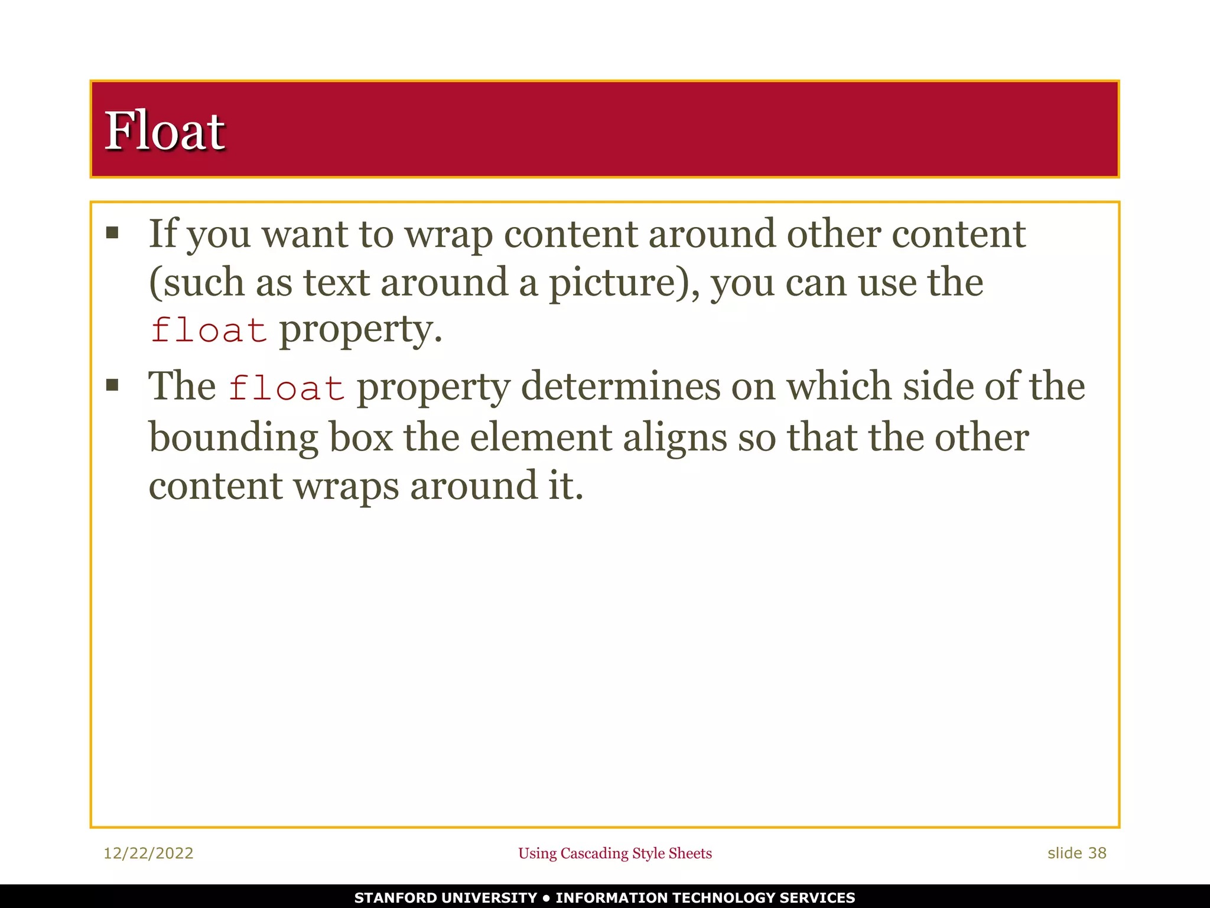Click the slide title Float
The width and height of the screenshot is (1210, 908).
pyautogui.click(x=164, y=131)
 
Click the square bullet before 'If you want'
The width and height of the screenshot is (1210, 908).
pyautogui.click(x=112, y=232)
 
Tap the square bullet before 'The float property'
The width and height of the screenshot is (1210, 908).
pyautogui.click(x=112, y=385)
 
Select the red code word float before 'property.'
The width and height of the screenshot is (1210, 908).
pyautogui.click(x=208, y=329)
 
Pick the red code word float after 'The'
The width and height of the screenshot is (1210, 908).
pyautogui.click(x=287, y=387)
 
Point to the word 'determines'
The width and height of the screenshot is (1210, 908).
pyautogui.click(x=620, y=387)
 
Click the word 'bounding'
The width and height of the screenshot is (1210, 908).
pyautogui.click(x=233, y=438)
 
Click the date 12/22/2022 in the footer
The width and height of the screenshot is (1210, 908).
pyautogui.click(x=148, y=853)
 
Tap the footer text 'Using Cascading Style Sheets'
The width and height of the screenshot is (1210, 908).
pyautogui.click(x=615, y=853)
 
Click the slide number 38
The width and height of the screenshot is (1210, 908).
pyautogui.click(x=1097, y=853)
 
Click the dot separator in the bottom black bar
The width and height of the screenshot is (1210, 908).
pyautogui.click(x=546, y=897)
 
